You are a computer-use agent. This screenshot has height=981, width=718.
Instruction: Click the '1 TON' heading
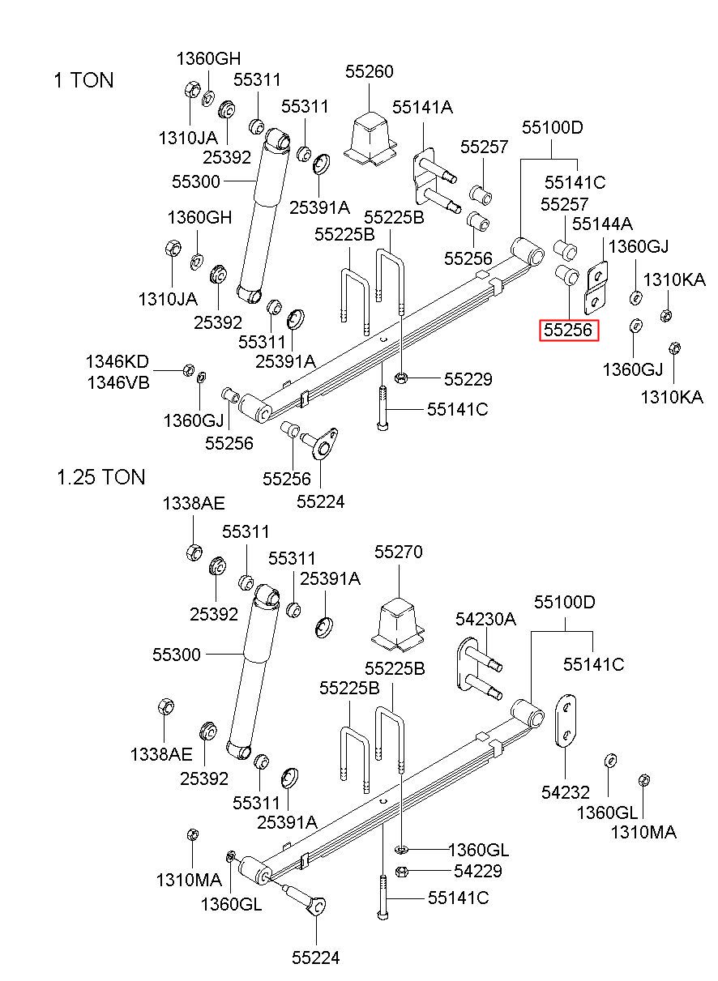coord(83,80)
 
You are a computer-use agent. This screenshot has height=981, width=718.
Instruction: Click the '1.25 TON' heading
coord(100,477)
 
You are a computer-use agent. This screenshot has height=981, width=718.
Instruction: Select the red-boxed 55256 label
coord(568,331)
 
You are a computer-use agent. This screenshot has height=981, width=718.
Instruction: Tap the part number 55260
coord(369,71)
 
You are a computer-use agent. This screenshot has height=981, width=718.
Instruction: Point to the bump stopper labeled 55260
coord(370,139)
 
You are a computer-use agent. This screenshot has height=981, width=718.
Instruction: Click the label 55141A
coord(422,107)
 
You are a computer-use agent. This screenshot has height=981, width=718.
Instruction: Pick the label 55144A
coord(602,224)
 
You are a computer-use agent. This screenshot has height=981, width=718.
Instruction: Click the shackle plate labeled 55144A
coord(596,288)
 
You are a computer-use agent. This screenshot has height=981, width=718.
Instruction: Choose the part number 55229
coord(468,379)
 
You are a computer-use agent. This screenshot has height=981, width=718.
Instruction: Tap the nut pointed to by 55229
coord(401,377)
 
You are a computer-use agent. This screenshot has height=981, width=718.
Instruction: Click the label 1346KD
coord(118,362)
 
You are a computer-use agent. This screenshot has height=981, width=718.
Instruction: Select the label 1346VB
coord(118,383)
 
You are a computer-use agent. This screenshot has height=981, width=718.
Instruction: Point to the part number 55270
coord(398,552)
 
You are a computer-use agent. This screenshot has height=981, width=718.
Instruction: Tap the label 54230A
coord(485,619)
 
